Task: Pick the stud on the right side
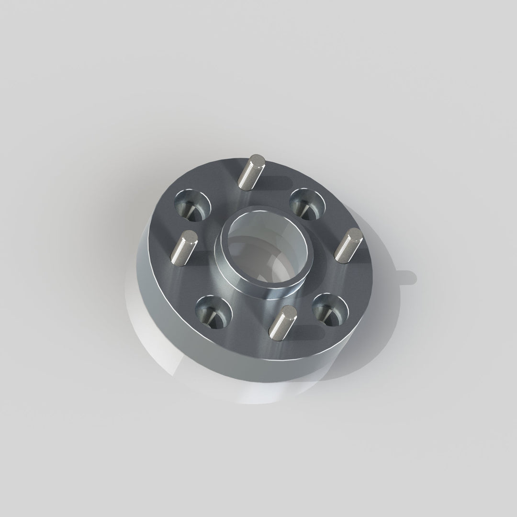coord(347,245)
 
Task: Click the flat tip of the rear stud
coord(258,159)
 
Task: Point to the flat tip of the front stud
coord(289,312)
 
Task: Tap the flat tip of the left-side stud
coord(190,236)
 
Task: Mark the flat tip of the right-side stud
coord(355,234)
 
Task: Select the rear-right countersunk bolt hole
coord(307,203)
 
